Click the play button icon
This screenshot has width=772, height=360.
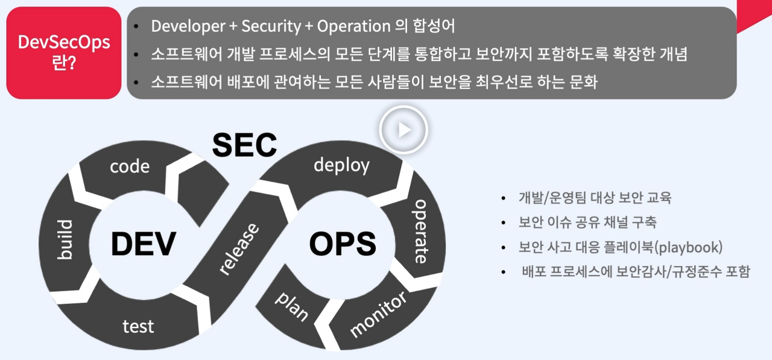tap(403, 130)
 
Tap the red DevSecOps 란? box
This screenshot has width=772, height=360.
tap(64, 52)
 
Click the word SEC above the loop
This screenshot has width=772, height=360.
tap(244, 145)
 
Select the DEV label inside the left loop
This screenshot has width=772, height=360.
tap(143, 244)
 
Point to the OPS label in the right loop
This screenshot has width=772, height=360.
tap(342, 244)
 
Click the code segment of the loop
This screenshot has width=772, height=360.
tap(130, 166)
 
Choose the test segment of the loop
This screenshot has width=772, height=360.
tap(138, 326)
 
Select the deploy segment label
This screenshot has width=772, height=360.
tap(341, 165)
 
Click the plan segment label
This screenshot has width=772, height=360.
tap(292, 306)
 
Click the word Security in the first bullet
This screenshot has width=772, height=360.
tap(271, 27)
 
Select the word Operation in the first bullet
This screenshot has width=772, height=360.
tap(353, 27)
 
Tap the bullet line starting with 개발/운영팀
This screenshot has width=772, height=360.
tap(595, 198)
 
